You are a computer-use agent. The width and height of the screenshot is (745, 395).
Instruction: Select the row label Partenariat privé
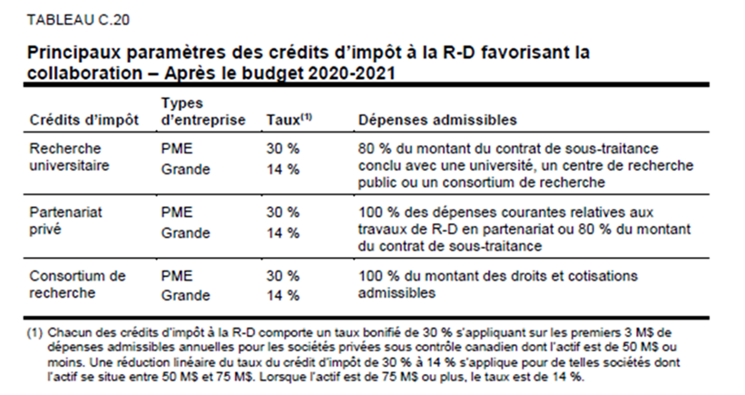(x=68, y=222)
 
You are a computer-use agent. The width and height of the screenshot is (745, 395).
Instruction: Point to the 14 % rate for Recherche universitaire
(x=282, y=170)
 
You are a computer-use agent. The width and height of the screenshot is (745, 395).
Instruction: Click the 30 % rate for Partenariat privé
(x=282, y=212)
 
